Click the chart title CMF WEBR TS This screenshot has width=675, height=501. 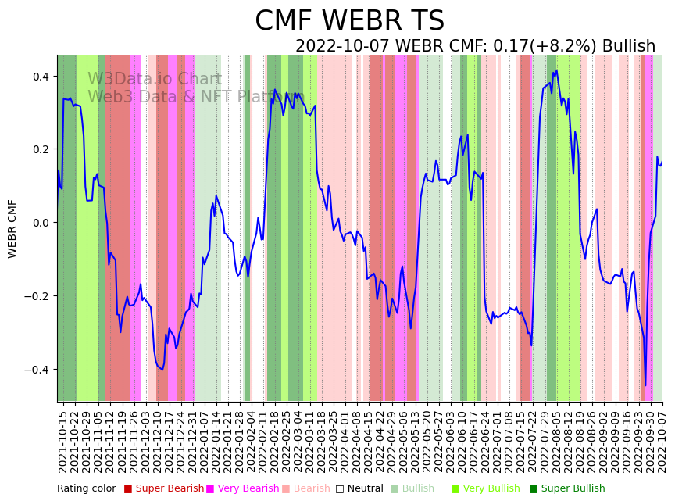[349, 21]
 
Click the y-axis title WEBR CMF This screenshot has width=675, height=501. [12, 228]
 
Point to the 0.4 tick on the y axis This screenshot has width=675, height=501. [40, 77]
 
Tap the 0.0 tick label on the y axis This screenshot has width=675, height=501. [40, 223]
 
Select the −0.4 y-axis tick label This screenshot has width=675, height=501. [37, 369]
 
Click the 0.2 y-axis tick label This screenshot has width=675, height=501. [40, 149]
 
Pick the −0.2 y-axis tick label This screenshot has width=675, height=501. [37, 296]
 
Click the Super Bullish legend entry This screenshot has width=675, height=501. [573, 488]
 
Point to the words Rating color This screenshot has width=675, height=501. [86, 488]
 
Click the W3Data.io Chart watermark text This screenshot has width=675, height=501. [155, 79]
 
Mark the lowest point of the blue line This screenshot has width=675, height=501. [645, 385]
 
